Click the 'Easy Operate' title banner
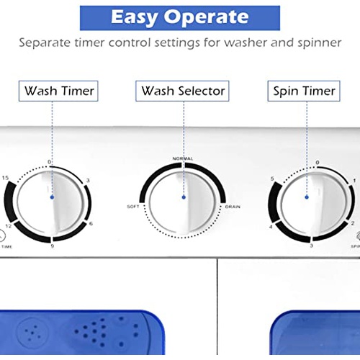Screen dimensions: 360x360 pos(180,17)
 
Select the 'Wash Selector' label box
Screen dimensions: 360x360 pos(183,91)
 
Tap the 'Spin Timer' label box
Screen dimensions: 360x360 pos(304,91)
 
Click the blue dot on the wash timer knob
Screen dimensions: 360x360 pos(51,196)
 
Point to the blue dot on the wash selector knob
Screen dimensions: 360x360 pos(183,196)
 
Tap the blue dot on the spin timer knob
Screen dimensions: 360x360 pos(307,195)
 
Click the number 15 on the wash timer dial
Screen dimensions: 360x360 pos(6,177)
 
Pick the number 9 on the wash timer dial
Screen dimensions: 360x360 pos(52,246)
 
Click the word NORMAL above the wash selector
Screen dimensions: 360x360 pos(183,158)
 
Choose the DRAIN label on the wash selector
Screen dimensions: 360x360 pos(233,207)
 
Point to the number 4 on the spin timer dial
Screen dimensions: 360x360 pos(271,228)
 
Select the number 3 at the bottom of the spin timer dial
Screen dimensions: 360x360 pos(310,246)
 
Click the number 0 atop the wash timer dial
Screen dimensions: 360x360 pos(49,161)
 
